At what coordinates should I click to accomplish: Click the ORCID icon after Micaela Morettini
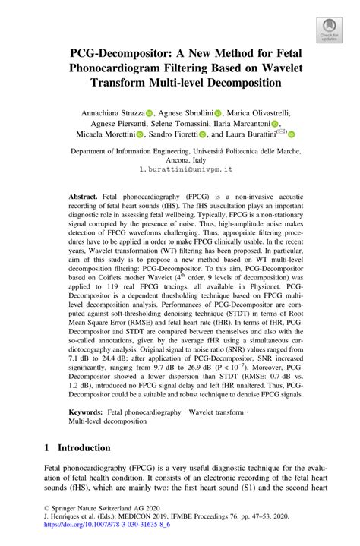pyautogui.click(x=141, y=134)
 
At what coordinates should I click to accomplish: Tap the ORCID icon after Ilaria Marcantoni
pyautogui.click(x=275, y=124)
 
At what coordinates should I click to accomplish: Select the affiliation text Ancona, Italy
pyautogui.click(x=180, y=163)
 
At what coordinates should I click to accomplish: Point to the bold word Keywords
pyautogui.click(x=86, y=411)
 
